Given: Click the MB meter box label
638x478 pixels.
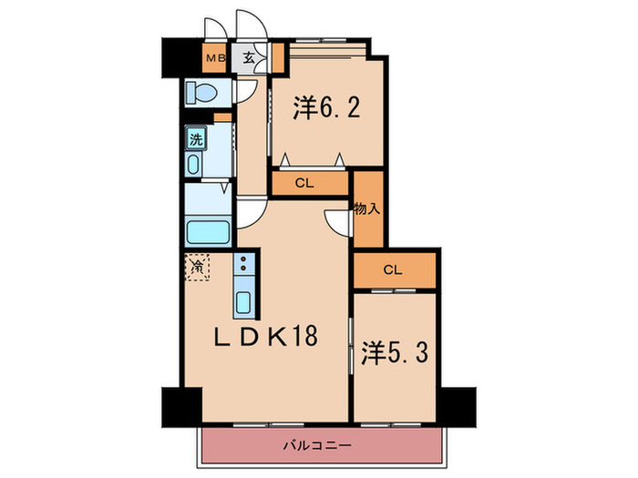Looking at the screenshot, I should [214, 60].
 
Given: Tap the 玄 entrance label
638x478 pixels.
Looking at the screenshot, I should [249, 60].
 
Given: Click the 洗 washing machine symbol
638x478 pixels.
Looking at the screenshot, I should [195, 140].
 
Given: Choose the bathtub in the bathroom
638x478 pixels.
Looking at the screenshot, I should [209, 230].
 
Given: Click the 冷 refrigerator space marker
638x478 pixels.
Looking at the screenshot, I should [197, 268].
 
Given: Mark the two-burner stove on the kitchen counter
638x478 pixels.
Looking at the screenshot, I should [244, 267].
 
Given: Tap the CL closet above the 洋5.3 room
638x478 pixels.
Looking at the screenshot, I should [393, 270].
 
